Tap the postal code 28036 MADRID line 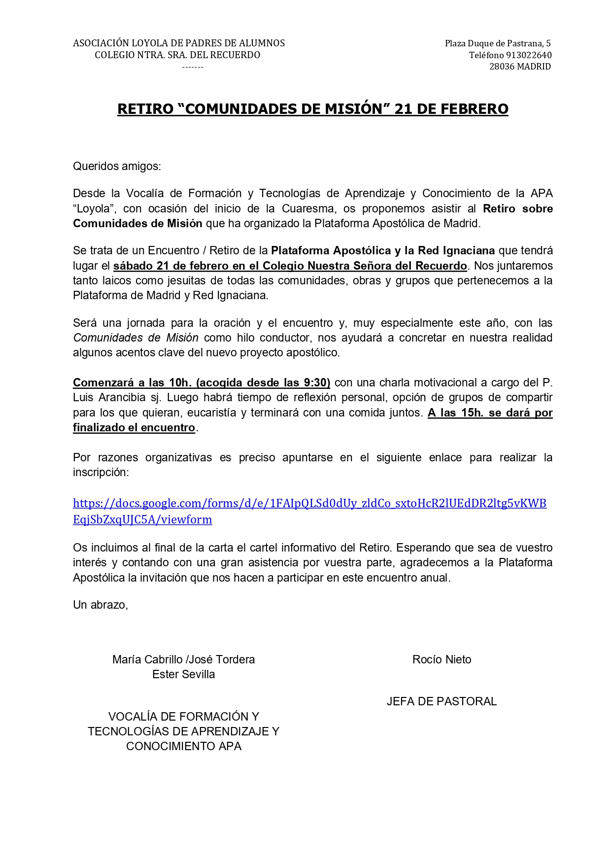520,67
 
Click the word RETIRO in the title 145,109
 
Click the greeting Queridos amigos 117,167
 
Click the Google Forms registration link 309,504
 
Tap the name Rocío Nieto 441,659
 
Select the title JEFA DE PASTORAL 441,701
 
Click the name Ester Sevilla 183,674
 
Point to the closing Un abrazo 101,605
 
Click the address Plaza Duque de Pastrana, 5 498,43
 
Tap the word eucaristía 210,413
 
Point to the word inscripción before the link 101,472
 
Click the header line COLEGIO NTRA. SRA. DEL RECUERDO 177,55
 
